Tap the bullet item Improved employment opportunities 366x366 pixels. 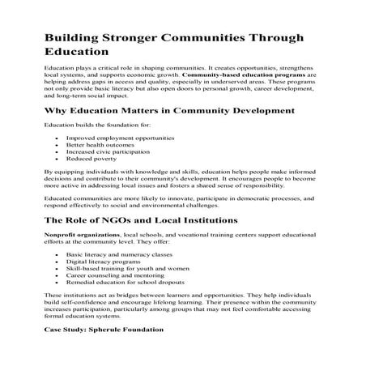(120, 139)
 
